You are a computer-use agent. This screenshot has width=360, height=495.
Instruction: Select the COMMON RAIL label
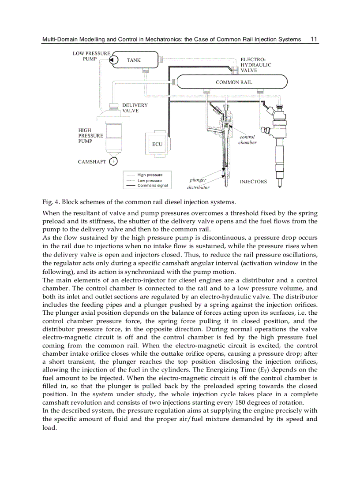(234, 82)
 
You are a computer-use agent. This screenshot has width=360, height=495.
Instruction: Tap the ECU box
(157, 144)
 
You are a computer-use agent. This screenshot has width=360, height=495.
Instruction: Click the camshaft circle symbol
(113, 161)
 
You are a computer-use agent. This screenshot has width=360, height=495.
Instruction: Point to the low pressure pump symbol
(112, 60)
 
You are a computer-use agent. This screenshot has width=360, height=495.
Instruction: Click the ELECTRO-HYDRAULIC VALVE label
(255, 65)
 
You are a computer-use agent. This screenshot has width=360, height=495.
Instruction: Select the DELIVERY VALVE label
(135, 108)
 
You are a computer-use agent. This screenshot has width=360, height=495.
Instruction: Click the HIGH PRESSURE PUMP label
(90, 136)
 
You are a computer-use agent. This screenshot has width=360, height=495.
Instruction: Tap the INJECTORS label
(253, 182)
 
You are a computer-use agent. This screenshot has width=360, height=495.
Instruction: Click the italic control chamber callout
(247, 140)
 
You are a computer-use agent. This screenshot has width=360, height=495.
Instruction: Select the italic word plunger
(198, 180)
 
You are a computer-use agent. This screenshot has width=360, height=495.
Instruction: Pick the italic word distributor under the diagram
(198, 187)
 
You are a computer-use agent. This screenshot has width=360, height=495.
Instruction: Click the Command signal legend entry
(153, 186)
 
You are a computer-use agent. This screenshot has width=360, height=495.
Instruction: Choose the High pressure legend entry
(150, 175)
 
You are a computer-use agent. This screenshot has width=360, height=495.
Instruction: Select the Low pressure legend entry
(150, 181)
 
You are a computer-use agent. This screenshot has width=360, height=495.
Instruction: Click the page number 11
(314, 39)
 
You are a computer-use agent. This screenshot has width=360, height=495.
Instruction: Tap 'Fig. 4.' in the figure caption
(51, 202)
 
